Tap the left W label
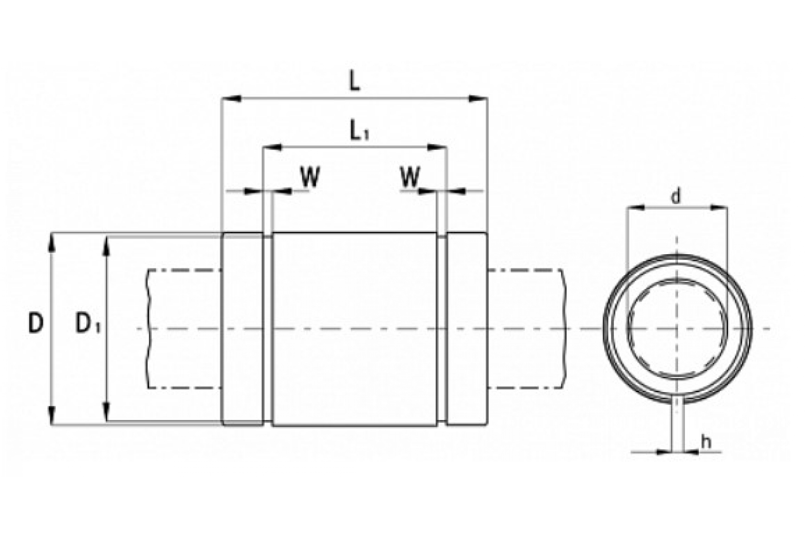coord(310,177)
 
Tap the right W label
coord(410,177)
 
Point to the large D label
coord(36,323)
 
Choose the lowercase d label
coord(675,197)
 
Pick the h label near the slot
coord(706,442)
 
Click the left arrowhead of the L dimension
coord(232,99)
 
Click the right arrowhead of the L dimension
coord(478,99)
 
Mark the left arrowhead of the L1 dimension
coord(272,148)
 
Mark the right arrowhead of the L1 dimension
coord(437,148)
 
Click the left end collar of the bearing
coord(243,330)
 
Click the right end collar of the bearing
coord(467,330)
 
